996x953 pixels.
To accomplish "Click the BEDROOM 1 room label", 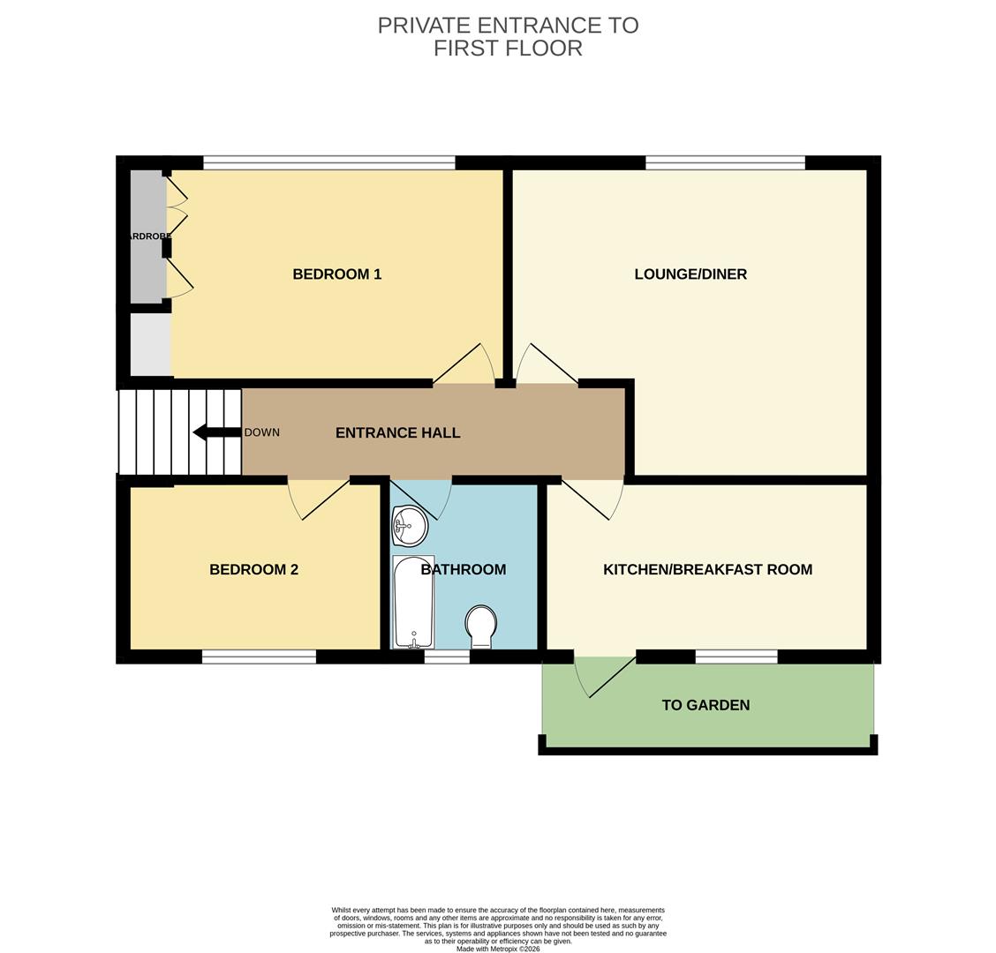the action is [x=336, y=274].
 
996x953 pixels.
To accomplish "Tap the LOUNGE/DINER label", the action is [x=690, y=274].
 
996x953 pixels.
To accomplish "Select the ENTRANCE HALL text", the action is [x=397, y=433].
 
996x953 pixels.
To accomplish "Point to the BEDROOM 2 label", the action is [x=253, y=569].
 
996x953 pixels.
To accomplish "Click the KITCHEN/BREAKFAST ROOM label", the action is [x=707, y=569].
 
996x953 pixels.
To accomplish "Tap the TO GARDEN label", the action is [x=705, y=705].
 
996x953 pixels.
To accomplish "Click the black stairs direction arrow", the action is [x=217, y=433].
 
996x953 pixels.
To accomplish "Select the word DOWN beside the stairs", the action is [x=261, y=432].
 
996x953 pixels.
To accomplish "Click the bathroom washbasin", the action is [x=409, y=526].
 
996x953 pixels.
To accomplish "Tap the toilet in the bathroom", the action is [x=481, y=627].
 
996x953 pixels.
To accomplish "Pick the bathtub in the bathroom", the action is [x=413, y=602].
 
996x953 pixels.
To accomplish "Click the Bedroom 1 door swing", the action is [x=464, y=364].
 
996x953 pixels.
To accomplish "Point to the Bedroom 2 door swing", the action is [x=318, y=499].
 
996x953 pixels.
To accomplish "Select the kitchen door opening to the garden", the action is [x=605, y=675].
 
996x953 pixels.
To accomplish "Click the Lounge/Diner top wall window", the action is [x=726, y=162].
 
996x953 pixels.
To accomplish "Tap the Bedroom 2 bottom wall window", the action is [x=260, y=657].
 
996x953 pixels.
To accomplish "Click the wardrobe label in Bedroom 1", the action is [x=148, y=236].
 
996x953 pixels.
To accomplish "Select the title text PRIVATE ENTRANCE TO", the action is [x=509, y=26].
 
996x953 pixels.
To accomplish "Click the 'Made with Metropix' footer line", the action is [x=498, y=949].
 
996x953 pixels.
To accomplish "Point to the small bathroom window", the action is [x=447, y=657].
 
